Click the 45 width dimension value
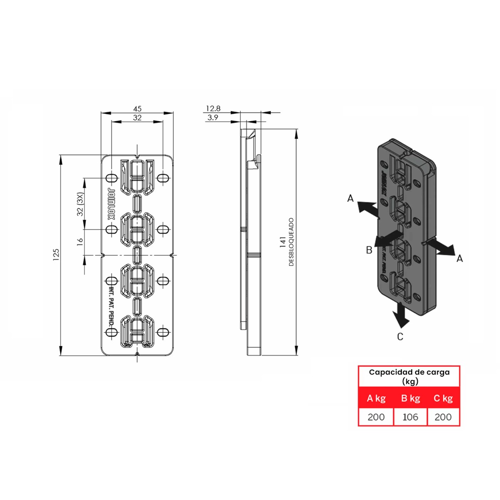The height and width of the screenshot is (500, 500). (137, 109)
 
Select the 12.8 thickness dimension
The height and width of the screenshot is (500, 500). (213, 108)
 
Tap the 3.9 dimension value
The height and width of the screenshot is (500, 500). (213, 118)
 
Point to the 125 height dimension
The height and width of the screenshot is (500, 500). (56, 255)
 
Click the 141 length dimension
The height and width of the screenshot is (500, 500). (283, 242)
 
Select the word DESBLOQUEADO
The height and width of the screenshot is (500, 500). (291, 242)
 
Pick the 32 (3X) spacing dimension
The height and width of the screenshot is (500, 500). (80, 204)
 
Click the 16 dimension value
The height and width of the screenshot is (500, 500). (80, 240)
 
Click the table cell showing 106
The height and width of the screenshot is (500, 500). (410, 417)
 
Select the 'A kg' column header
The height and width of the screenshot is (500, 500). (376, 398)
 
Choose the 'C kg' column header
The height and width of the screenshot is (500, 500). (443, 398)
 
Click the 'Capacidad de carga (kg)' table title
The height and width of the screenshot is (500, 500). (409, 376)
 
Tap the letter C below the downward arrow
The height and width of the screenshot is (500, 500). (400, 337)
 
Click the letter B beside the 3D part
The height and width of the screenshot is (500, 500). (369, 250)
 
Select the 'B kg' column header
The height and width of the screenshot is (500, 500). (410, 398)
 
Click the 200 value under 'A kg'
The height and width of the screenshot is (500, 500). (376, 417)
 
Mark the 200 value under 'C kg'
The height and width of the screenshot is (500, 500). (443, 417)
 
